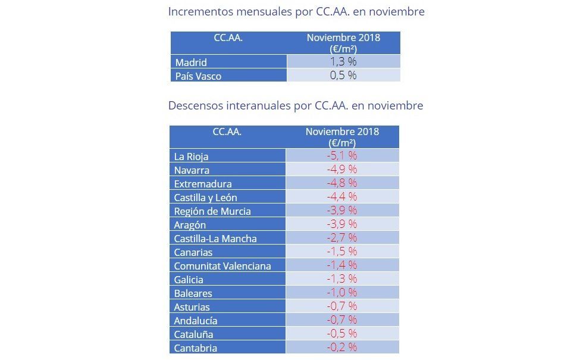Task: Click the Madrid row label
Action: pyautogui.click(x=191, y=62)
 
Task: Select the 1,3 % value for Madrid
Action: pyautogui.click(x=343, y=62)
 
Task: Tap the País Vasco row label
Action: pyautogui.click(x=198, y=76)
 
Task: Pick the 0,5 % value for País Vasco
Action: pyautogui.click(x=343, y=76)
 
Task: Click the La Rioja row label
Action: pyautogui.click(x=191, y=156)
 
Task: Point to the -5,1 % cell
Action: pyautogui.click(x=342, y=156)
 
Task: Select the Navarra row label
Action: pyautogui.click(x=192, y=170)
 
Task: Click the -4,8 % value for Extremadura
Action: pyautogui.click(x=342, y=183)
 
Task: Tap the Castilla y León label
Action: pyautogui.click(x=206, y=198)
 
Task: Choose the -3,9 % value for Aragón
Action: pyautogui.click(x=342, y=224)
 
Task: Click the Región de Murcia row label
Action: pyautogui.click(x=212, y=211)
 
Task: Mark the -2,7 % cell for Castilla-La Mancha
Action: pyautogui.click(x=342, y=238)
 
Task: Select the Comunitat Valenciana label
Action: pyautogui.click(x=222, y=266)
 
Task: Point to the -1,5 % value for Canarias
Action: pyautogui.click(x=342, y=252)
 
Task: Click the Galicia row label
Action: pyautogui.click(x=189, y=280)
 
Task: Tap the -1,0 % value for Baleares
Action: pyautogui.click(x=342, y=293)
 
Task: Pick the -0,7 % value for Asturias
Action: pyautogui.click(x=342, y=306)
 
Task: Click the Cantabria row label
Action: pyautogui.click(x=195, y=348)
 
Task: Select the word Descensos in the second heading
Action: pyautogui.click(x=196, y=106)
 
